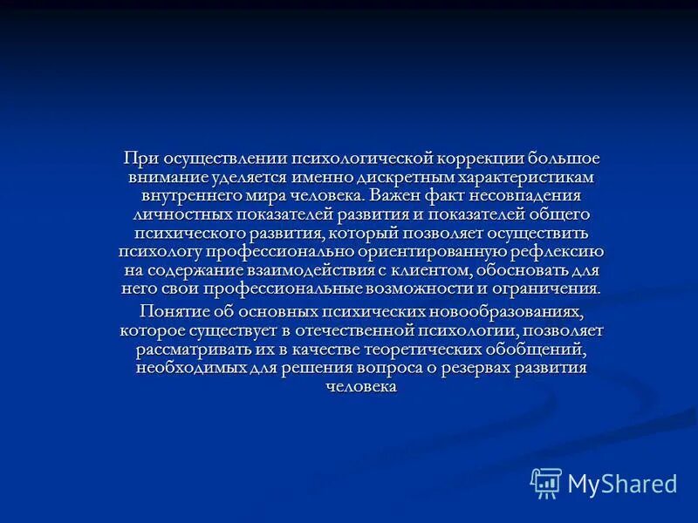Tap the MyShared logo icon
click(546, 482)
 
